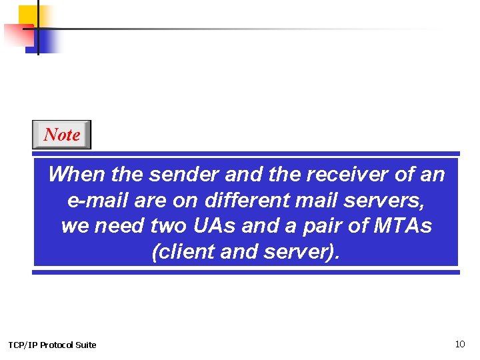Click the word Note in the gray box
pos(61,135)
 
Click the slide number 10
pos(460,344)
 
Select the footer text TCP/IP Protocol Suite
pos(52,345)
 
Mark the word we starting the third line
pos(75,227)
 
